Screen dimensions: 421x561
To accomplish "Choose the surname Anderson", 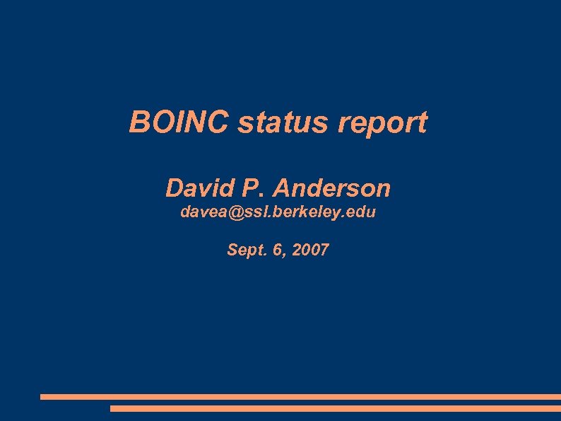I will point(331,188).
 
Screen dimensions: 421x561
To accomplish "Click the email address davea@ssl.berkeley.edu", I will point(278,212).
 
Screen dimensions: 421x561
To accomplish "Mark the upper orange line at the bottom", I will point(300,397).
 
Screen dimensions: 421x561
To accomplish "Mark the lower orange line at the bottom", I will point(336,408).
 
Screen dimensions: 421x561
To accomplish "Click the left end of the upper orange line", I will point(43,397).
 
